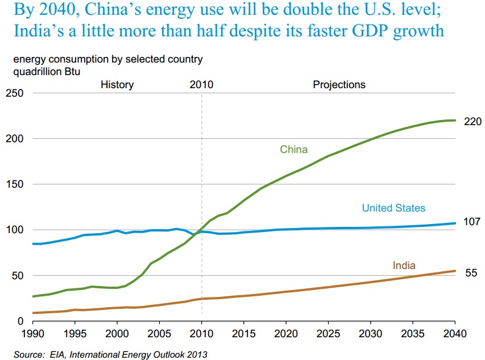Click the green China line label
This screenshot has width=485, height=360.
click(x=293, y=150)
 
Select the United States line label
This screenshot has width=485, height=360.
click(x=393, y=208)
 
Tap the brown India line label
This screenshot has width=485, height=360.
click(x=404, y=266)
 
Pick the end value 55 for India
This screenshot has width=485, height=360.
click(x=471, y=273)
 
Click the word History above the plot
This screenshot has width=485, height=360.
click(x=117, y=85)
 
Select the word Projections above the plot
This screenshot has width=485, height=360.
click(x=339, y=85)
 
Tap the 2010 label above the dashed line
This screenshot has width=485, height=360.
click(x=201, y=85)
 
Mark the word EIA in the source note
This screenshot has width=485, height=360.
click(x=55, y=355)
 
